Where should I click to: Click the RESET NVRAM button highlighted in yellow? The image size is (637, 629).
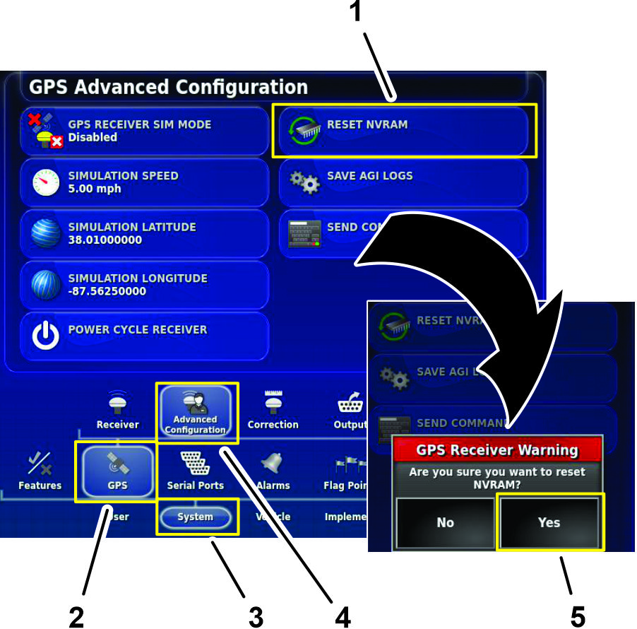click(x=404, y=131)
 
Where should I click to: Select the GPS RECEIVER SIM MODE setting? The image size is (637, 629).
click(x=144, y=131)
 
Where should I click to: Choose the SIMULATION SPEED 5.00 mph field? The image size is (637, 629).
click(x=144, y=182)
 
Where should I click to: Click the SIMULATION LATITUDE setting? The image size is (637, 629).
click(x=144, y=233)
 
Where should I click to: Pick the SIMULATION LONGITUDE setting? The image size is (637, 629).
click(x=144, y=284)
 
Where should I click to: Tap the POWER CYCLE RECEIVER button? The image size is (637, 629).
click(x=144, y=336)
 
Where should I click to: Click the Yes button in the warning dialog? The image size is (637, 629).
click(x=549, y=522)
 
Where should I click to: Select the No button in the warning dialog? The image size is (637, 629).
click(x=445, y=522)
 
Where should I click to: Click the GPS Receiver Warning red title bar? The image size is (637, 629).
click(x=497, y=449)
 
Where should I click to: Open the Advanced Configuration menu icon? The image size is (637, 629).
click(x=196, y=413)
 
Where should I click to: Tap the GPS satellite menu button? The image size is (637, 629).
click(x=117, y=470)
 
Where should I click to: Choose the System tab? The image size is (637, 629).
click(x=196, y=517)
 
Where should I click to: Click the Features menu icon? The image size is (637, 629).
click(x=40, y=470)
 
